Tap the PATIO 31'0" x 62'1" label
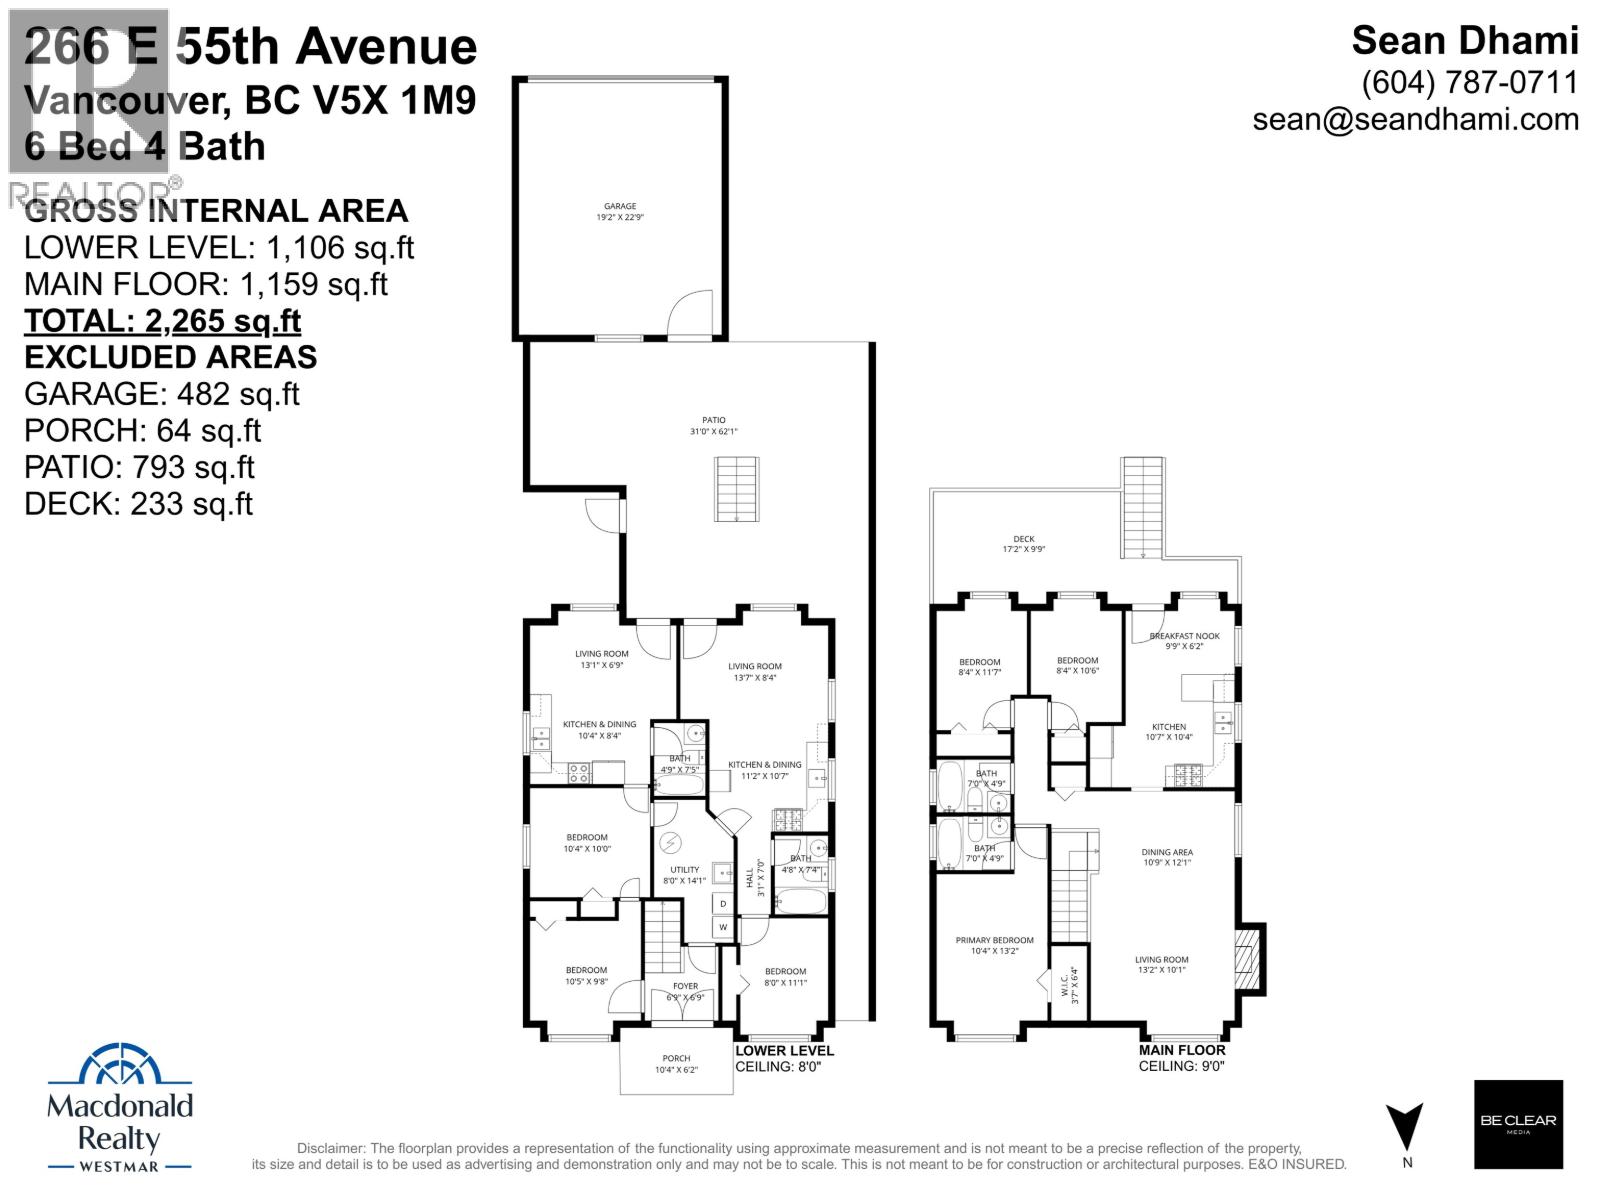pos(713,426)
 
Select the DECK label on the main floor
pos(1024,543)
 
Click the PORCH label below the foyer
pos(676,1063)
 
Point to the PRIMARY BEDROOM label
pos(994,945)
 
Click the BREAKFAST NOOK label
pos(1184,640)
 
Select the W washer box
pos(723,928)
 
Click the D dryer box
pos(723,903)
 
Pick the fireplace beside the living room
pos(1249,958)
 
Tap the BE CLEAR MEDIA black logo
pos(1518,1124)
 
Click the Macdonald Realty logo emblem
pos(120,1066)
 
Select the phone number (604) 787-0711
pos(1470,82)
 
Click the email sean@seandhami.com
pos(1415,119)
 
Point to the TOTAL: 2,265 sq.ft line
pos(162,321)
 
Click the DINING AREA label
pos(1167,857)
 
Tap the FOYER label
pos(685,991)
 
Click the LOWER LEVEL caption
pos(784,1051)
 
